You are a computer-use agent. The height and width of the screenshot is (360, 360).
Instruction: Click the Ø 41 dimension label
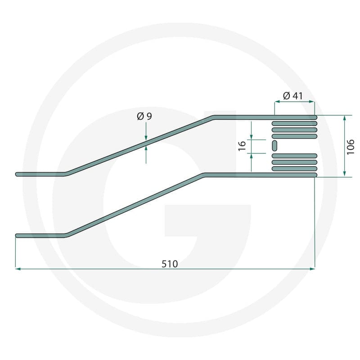click(x=293, y=96)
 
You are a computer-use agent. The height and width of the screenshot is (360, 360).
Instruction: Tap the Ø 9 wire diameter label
click(x=144, y=116)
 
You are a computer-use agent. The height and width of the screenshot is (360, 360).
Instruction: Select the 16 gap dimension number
click(x=242, y=146)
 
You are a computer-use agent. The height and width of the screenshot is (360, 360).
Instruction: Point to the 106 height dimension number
click(x=351, y=147)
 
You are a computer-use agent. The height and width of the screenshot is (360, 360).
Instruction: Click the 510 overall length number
click(x=170, y=264)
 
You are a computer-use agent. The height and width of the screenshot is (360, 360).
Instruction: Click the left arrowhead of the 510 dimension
click(x=18, y=269)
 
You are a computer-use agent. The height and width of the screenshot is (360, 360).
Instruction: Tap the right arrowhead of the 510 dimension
click(x=312, y=269)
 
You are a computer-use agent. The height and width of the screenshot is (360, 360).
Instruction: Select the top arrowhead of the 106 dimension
click(x=344, y=118)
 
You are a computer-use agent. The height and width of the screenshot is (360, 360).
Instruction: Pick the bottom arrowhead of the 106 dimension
click(x=344, y=174)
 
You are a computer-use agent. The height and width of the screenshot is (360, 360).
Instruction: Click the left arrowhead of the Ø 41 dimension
click(x=277, y=102)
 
